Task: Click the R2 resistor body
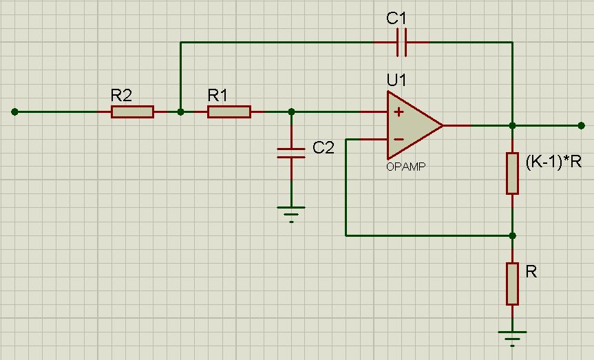coord(132,112)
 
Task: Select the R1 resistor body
coord(229,112)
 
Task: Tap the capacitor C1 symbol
coord(401,42)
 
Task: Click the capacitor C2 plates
coord(291,153)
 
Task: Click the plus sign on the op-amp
coord(399,112)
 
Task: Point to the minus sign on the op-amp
coord(399,140)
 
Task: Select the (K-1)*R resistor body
coord(512,173)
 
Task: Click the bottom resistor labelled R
coord(512,284)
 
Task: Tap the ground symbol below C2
coord(291,214)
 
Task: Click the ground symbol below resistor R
coord(512,339)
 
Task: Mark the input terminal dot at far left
coord(14,112)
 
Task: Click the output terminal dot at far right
coord(582,125)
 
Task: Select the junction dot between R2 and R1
coord(181,112)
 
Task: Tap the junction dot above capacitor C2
coord(291,112)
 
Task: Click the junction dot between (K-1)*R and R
coord(512,235)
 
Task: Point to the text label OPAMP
coord(405,167)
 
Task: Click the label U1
coord(396,81)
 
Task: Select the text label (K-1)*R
coord(553,162)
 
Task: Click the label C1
coord(396,18)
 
